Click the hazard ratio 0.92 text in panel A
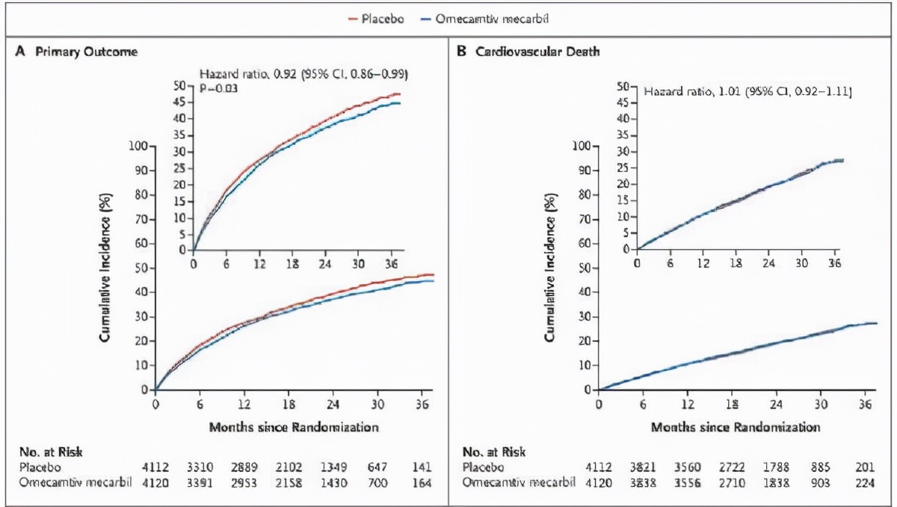click(x=303, y=74)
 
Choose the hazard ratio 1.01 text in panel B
click(x=748, y=91)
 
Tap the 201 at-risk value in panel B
click(x=866, y=467)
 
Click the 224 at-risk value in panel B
click(x=866, y=482)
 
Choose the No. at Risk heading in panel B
click(x=494, y=452)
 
